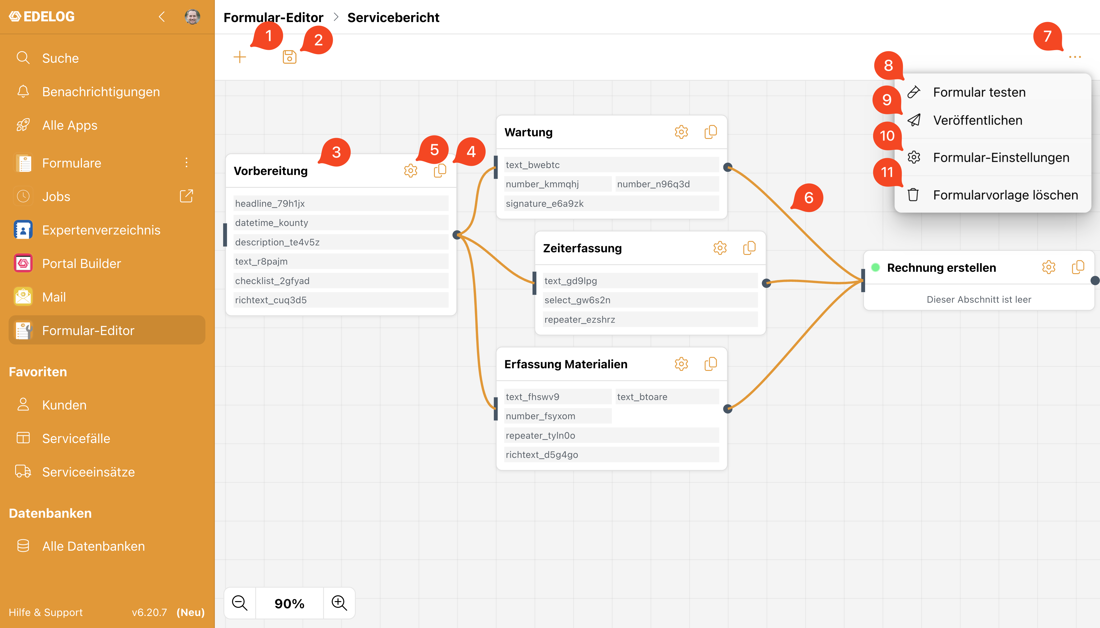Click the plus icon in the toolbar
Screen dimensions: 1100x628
coord(239,57)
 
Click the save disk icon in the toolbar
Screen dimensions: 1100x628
coord(289,57)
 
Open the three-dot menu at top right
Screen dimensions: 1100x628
coord(1075,57)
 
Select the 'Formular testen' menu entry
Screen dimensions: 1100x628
coord(979,92)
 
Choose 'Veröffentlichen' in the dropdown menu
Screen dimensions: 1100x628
coord(977,120)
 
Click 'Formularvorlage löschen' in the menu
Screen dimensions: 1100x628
coord(1005,195)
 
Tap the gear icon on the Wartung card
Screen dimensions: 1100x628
coord(681,132)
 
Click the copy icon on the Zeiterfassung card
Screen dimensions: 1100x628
coord(749,248)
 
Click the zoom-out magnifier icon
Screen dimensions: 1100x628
coord(239,603)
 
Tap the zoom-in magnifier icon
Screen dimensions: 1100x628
coord(339,603)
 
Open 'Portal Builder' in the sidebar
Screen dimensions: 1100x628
coord(82,263)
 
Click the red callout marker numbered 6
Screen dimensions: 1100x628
coord(808,198)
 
